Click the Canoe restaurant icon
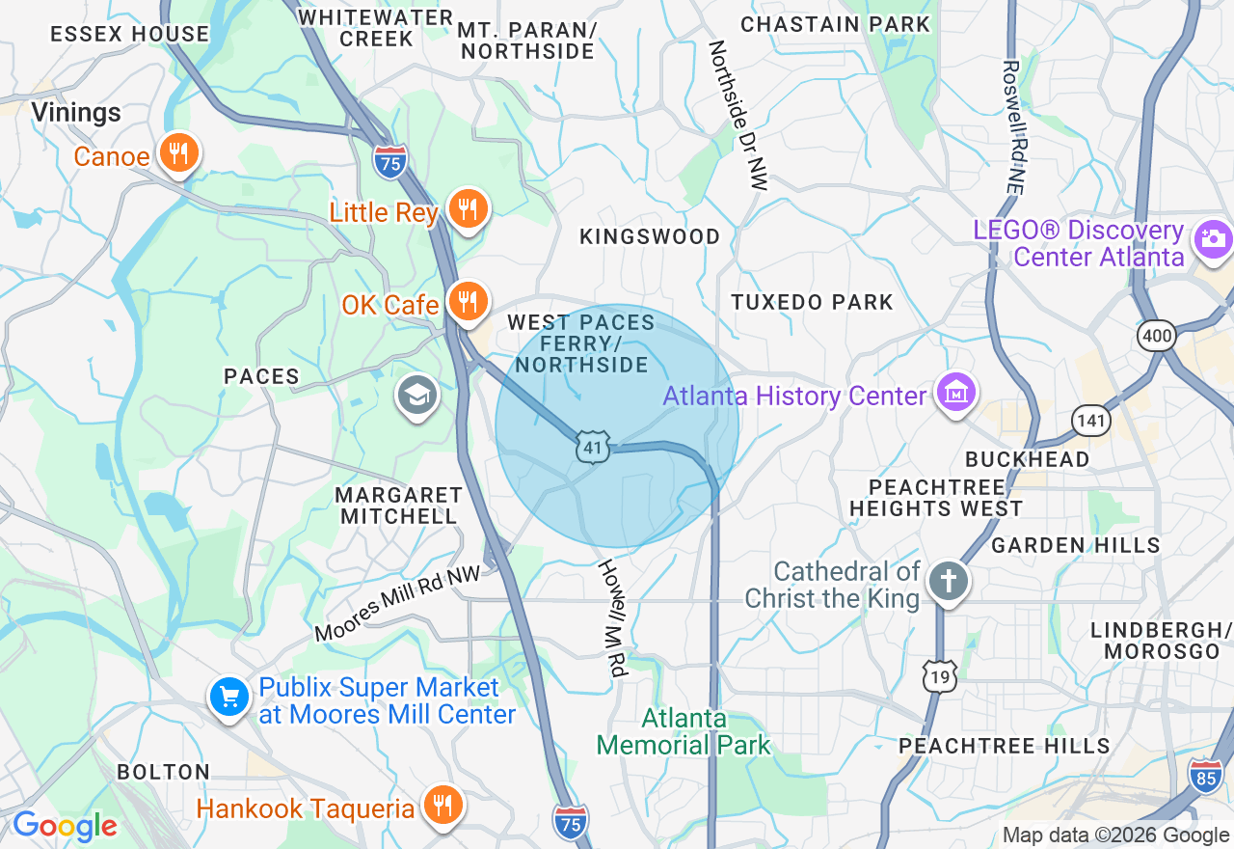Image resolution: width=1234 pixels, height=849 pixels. [177, 153]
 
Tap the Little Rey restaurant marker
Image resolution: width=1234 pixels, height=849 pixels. [468, 208]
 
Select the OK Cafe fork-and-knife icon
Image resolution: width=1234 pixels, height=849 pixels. [468, 302]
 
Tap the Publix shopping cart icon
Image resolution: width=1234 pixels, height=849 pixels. [229, 696]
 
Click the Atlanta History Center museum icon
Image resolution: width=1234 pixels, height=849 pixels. [955, 393]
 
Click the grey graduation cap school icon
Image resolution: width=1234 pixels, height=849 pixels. [417, 395]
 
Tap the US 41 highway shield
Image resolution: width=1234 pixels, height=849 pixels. [594, 447]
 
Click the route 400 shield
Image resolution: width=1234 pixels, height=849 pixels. [1156, 335]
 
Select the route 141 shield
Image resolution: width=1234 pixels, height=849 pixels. [1090, 420]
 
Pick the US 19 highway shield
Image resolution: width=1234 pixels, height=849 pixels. [939, 677]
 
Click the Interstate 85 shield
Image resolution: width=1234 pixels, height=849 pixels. [1205, 776]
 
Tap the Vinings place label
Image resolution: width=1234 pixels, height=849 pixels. [76, 113]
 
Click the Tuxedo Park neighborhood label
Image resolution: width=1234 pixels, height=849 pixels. [812, 302]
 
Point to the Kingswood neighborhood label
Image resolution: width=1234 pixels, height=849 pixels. [649, 236]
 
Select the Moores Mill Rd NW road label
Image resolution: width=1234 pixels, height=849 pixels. [397, 605]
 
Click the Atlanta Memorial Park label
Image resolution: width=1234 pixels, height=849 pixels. [684, 731]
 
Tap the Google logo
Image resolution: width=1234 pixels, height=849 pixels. [65, 826]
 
